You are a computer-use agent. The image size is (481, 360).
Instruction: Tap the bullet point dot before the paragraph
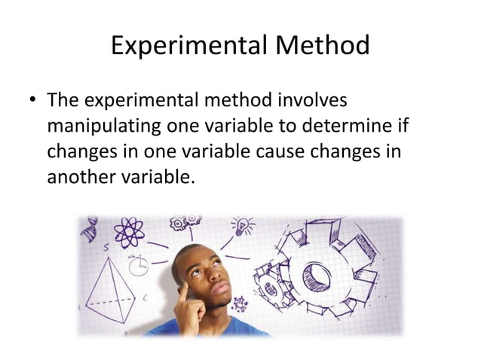[32, 101]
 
